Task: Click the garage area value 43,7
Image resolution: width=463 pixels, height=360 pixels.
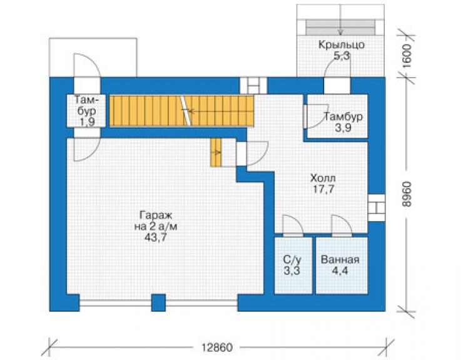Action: tap(156, 237)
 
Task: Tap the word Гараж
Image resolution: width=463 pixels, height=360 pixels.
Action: tap(156, 215)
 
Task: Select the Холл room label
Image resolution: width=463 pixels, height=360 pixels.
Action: tap(323, 178)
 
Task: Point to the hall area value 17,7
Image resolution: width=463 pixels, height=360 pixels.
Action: tap(323, 189)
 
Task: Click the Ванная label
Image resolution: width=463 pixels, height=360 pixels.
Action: tap(340, 259)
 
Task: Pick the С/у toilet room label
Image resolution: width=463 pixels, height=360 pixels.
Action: tap(292, 260)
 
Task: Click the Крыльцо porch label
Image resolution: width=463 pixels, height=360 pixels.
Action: tap(342, 44)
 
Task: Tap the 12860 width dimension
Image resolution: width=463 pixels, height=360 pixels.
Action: tap(217, 347)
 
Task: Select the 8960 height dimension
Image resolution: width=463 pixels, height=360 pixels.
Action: tap(407, 195)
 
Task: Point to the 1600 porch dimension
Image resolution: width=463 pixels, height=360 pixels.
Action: tap(407, 56)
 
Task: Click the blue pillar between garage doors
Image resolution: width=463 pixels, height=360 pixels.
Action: tap(158, 302)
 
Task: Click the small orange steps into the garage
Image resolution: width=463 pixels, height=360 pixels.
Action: tap(216, 153)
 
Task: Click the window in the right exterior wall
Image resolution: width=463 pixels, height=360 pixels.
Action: tap(377, 207)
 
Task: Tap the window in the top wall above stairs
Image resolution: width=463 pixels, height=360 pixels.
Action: tap(253, 86)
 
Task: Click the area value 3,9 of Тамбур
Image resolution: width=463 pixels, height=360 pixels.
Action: tap(343, 128)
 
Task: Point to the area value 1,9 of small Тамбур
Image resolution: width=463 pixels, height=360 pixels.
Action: tap(87, 121)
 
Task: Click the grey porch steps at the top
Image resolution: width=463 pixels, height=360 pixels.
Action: tap(340, 27)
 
